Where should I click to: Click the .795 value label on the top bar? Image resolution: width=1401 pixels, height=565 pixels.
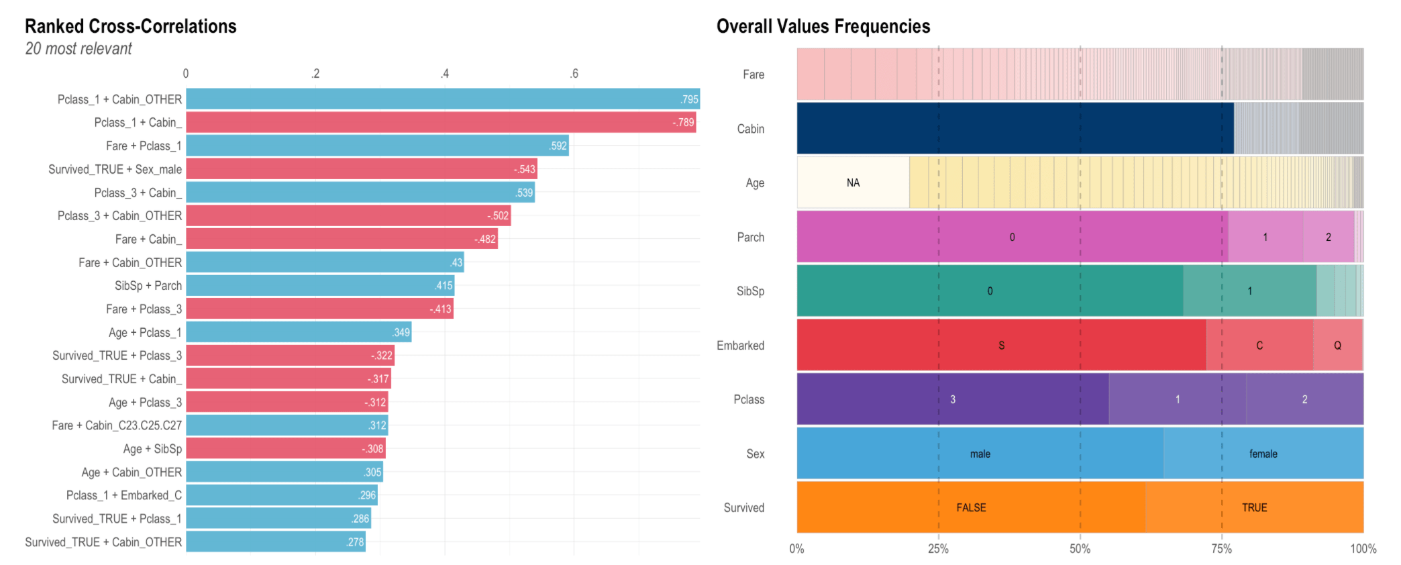tap(689, 99)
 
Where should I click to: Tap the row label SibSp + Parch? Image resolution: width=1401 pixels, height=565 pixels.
tap(148, 286)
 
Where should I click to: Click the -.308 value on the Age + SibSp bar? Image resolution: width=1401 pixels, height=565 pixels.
tap(372, 449)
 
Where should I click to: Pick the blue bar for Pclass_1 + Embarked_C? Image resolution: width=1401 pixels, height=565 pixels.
tap(281, 495)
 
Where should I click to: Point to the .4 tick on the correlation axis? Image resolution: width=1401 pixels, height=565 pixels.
tap(445, 74)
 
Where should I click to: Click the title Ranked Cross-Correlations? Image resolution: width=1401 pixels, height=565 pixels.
tap(131, 26)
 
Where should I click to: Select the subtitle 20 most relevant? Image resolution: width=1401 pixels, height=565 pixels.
tap(79, 49)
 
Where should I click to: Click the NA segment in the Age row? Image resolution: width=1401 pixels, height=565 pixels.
tap(853, 183)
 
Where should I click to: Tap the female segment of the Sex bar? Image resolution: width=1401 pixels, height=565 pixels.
tap(1263, 454)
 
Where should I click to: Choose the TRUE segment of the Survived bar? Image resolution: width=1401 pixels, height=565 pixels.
tap(1254, 507)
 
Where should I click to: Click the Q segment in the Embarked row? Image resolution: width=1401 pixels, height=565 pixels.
tap(1337, 345)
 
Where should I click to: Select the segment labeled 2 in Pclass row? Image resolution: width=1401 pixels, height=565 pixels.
tap(1304, 399)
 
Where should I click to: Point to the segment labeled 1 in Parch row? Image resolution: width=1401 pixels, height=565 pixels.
tap(1265, 237)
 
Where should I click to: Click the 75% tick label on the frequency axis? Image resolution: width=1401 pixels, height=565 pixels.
tap(1221, 549)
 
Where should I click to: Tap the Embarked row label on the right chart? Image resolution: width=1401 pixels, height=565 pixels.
tap(740, 346)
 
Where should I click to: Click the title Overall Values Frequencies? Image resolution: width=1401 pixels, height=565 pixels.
tap(823, 26)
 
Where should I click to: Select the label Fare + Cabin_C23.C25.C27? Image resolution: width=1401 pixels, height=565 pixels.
tap(117, 425)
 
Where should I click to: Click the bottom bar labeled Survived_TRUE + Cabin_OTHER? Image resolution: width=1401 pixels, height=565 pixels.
tap(275, 542)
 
